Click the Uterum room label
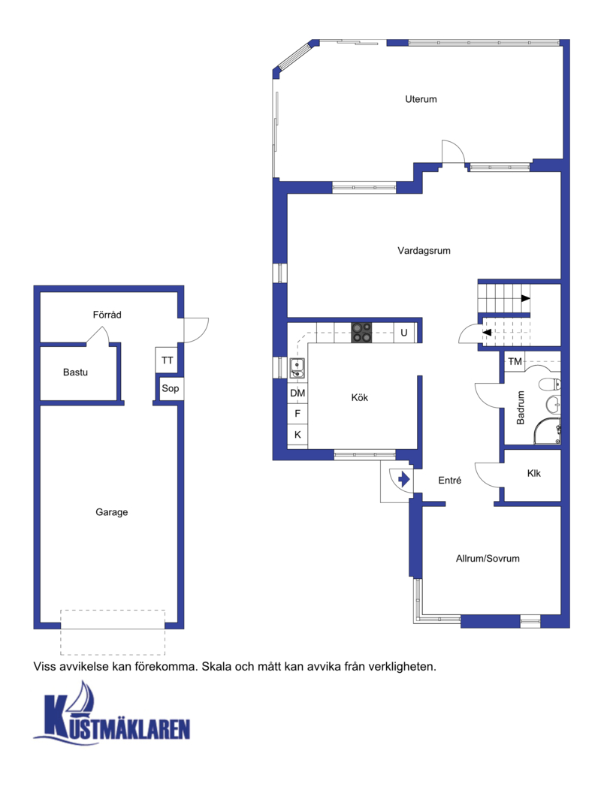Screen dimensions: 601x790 pyautogui.click(x=421, y=99)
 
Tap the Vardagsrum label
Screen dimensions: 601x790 pyautogui.click(x=424, y=250)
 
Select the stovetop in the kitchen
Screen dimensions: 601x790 pyautogui.click(x=361, y=333)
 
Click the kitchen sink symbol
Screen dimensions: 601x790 pyautogui.click(x=297, y=368)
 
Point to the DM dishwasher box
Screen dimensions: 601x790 pyautogui.click(x=297, y=393)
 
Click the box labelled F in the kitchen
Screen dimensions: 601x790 pyautogui.click(x=297, y=414)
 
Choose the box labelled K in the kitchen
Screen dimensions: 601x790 pyautogui.click(x=297, y=434)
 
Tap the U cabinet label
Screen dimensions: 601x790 pyautogui.click(x=404, y=333)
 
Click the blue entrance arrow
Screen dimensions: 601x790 pyautogui.click(x=404, y=478)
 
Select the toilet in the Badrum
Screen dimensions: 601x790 pyautogui.click(x=550, y=385)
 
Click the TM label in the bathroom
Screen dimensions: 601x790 pyautogui.click(x=515, y=361)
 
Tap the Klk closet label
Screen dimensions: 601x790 pyautogui.click(x=533, y=473)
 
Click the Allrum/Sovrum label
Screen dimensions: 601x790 pyautogui.click(x=488, y=558)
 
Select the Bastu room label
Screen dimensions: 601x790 pyautogui.click(x=75, y=372)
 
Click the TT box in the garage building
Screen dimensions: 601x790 pyautogui.click(x=167, y=360)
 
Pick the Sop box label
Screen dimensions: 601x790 pyautogui.click(x=170, y=388)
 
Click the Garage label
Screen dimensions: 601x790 pyautogui.click(x=111, y=512)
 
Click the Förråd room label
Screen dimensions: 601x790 pyautogui.click(x=107, y=315)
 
